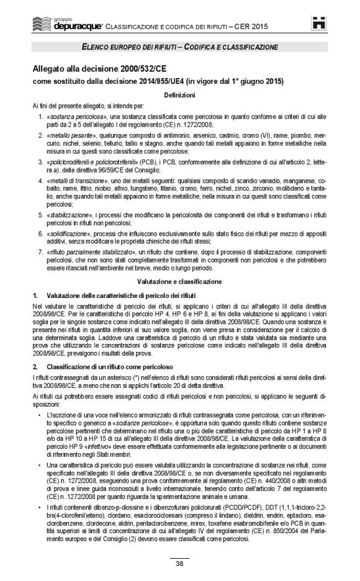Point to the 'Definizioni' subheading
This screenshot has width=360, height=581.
pos(179,94)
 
